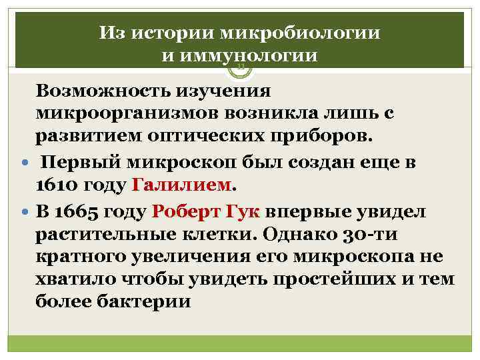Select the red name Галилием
coord(183,184)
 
